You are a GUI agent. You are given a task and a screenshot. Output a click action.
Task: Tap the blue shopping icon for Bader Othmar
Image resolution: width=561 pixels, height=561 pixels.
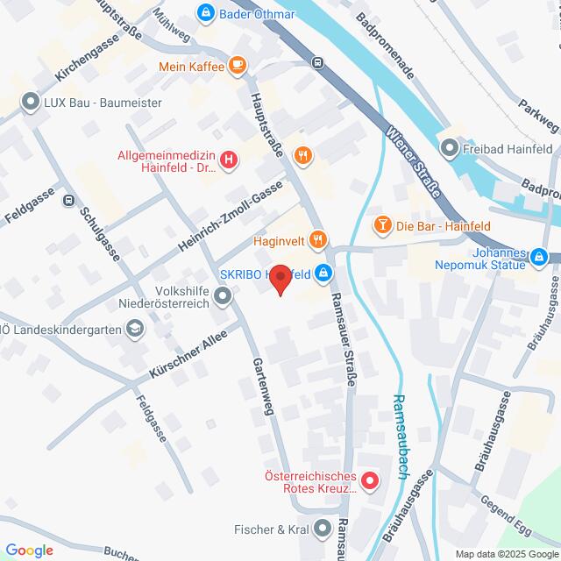(205, 12)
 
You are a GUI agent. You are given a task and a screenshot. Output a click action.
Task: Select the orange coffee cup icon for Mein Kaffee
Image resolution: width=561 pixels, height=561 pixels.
(236, 65)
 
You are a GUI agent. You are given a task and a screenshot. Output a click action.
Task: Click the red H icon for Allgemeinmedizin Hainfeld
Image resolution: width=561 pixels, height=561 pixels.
(229, 160)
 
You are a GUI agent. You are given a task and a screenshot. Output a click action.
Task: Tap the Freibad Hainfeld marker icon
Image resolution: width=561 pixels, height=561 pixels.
(451, 147)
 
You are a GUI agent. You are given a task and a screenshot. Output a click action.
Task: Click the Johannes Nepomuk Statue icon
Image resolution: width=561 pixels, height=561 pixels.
(539, 257)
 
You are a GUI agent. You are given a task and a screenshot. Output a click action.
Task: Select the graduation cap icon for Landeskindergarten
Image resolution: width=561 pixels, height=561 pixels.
(134, 329)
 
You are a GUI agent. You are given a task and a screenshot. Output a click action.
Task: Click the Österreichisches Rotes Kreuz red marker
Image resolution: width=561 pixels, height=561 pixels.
(369, 480)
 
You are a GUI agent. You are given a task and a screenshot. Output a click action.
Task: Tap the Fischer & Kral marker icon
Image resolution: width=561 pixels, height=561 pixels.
(323, 529)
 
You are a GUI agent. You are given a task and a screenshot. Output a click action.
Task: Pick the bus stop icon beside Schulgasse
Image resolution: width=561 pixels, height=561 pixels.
(68, 199)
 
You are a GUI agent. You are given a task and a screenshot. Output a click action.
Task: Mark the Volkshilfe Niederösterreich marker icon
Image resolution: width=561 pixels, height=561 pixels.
(224, 297)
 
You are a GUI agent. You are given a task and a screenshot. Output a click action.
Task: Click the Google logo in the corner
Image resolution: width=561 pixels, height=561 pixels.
(28, 550)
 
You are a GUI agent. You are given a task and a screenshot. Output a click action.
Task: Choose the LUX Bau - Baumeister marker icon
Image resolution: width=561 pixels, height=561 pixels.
(32, 101)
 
